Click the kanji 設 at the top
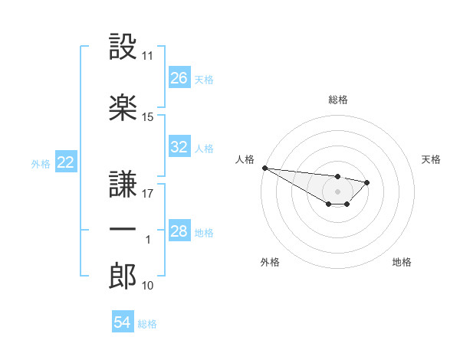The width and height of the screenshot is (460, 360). coord(123,47)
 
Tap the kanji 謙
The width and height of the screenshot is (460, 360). coord(123,183)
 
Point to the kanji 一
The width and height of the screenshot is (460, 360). coord(123,229)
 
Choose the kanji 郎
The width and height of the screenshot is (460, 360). coord(123,277)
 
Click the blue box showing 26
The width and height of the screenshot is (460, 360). coord(179,78)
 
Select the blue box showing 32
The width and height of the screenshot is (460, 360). coord(179,147)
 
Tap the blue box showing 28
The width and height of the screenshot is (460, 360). coord(179,231)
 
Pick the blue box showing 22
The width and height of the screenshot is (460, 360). coord(66,162)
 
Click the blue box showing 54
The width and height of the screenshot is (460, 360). coord(123,322)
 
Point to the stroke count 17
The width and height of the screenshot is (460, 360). coord(148,194)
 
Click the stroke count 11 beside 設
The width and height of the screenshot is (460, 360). coord(148,56)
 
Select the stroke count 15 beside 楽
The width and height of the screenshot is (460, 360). coord(148,117)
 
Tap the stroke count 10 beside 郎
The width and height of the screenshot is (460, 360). coord(148,286)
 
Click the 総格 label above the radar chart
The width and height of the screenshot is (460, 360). coord(338,99)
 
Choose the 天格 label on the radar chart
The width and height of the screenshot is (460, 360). coord(431,159)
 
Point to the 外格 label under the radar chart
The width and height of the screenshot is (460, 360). coord(270,262)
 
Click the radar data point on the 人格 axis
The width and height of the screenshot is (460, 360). coord(264,168)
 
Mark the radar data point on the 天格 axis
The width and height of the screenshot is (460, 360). coord(367,182)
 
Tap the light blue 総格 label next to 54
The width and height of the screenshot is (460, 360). coord(147,323)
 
